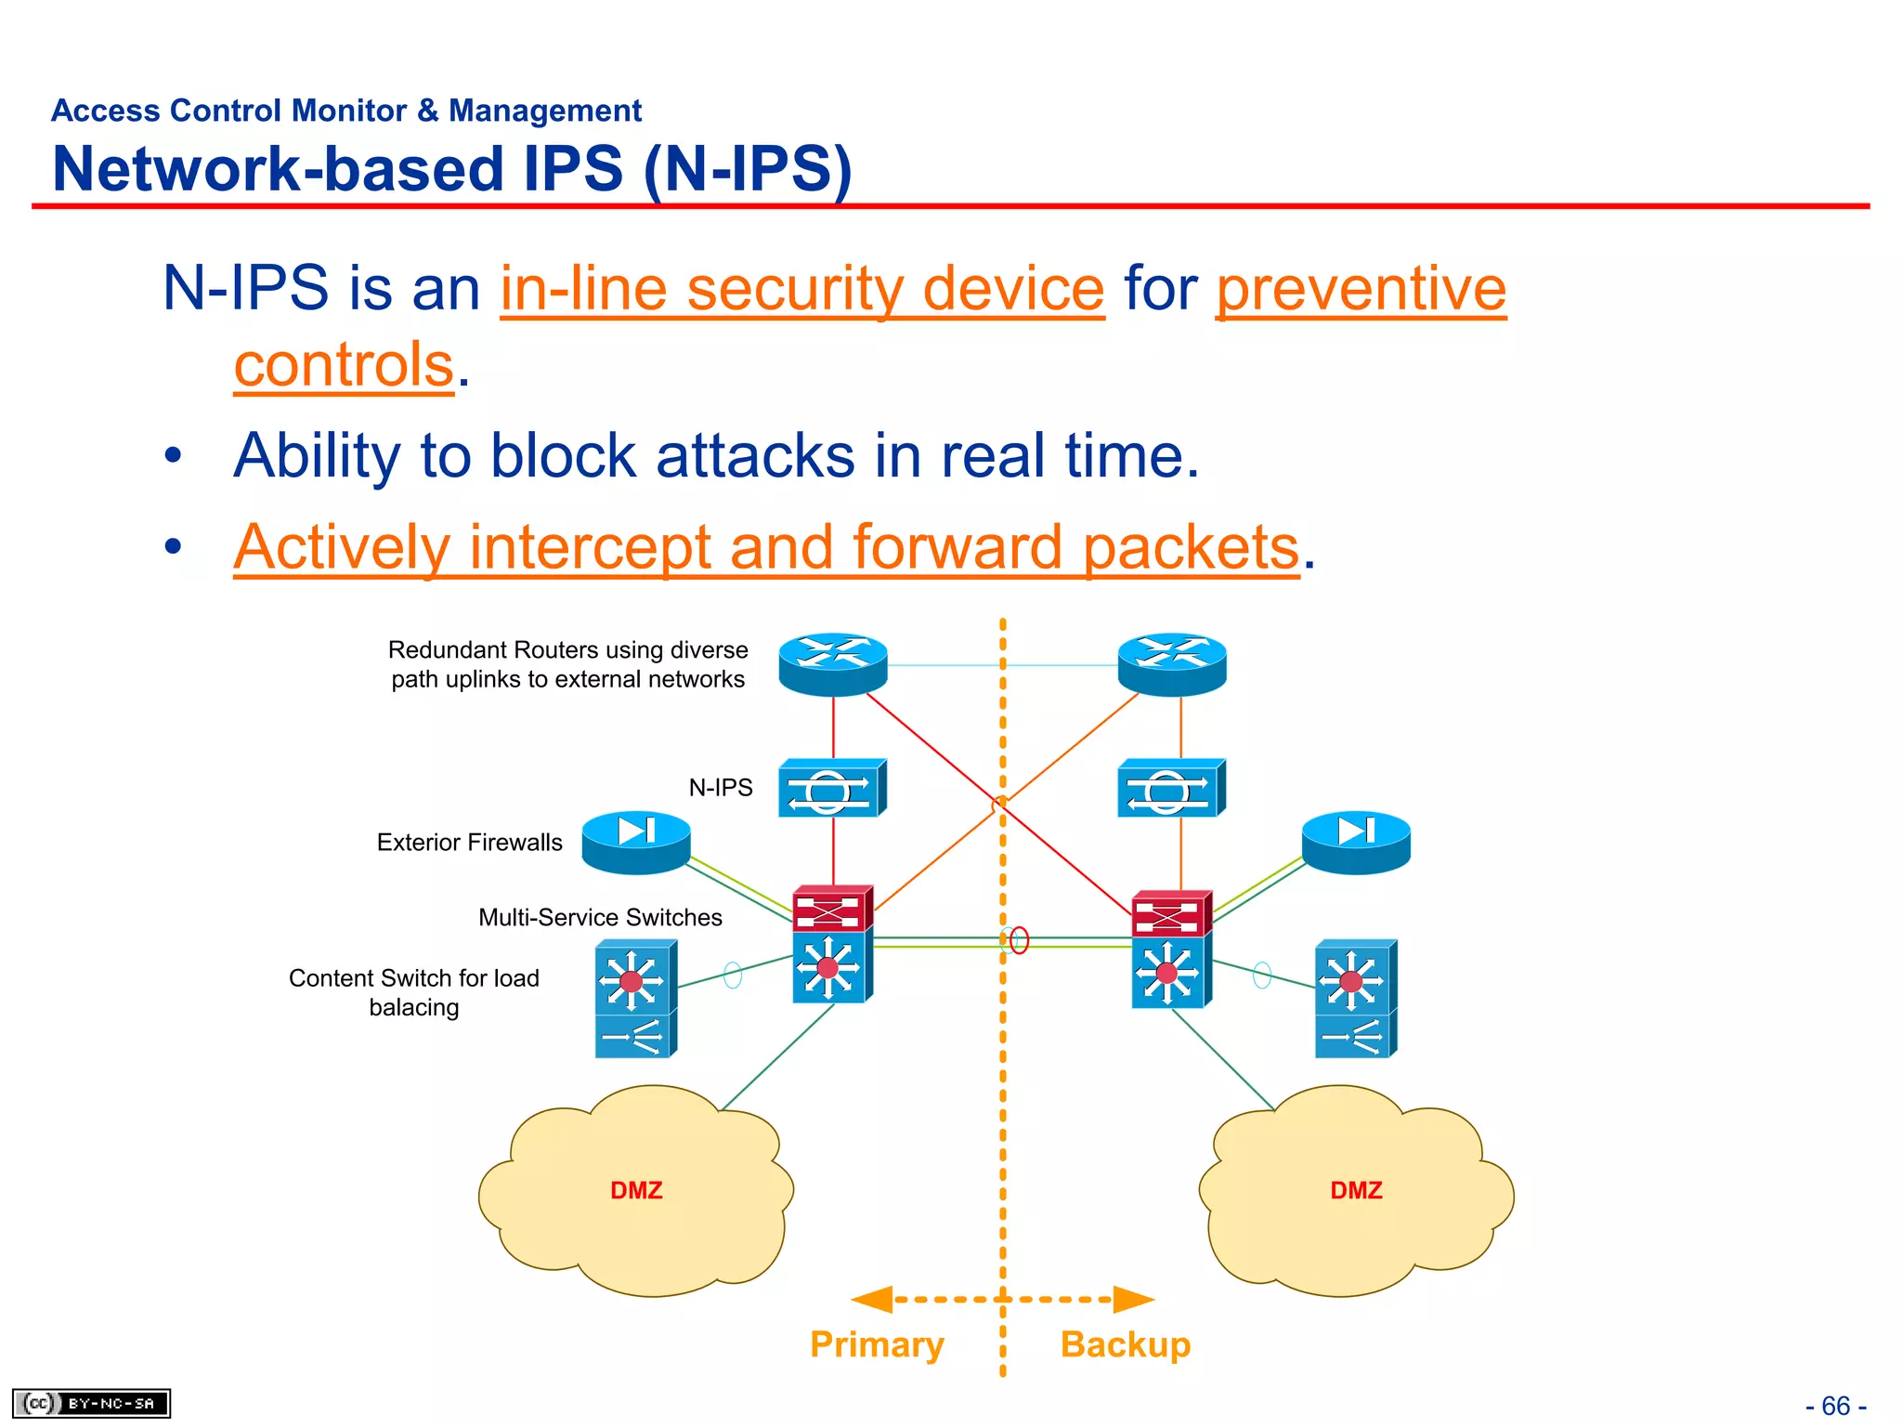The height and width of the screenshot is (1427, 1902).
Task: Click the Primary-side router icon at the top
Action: click(832, 664)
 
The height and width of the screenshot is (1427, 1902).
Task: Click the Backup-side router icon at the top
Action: click(1172, 664)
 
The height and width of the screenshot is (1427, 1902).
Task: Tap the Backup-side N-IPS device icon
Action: click(1171, 789)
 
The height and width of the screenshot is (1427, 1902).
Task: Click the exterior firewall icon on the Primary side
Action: click(636, 842)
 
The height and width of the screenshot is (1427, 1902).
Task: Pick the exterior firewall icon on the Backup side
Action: click(1356, 842)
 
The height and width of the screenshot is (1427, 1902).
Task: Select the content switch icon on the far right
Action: click(1355, 999)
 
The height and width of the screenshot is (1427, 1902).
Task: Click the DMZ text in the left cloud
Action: click(636, 1190)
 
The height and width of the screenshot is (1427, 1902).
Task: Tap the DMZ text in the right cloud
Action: click(1356, 1190)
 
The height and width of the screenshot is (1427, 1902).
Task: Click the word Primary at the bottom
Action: click(877, 1344)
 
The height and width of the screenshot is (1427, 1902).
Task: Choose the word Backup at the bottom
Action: click(1126, 1344)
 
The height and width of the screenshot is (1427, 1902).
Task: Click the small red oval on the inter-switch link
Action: click(1020, 940)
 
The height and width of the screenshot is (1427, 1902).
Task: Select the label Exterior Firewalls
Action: click(469, 843)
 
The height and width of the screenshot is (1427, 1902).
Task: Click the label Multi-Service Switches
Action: click(600, 918)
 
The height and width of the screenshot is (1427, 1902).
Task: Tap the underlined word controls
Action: click(344, 364)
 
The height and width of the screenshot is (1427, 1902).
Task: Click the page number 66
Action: click(1835, 1406)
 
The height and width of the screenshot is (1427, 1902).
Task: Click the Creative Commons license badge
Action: click(91, 1403)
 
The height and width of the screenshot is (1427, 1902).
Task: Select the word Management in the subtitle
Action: click(545, 111)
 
